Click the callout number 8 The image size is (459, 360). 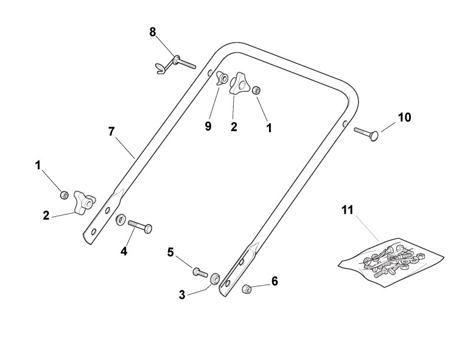point(153,32)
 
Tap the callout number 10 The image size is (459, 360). point(405,116)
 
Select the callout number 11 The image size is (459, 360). point(348,211)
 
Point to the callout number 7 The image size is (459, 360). point(111,131)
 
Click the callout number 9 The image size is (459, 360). point(209,126)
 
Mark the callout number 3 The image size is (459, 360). point(182,295)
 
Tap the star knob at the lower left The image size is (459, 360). point(82,201)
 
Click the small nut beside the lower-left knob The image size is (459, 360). point(64,195)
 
